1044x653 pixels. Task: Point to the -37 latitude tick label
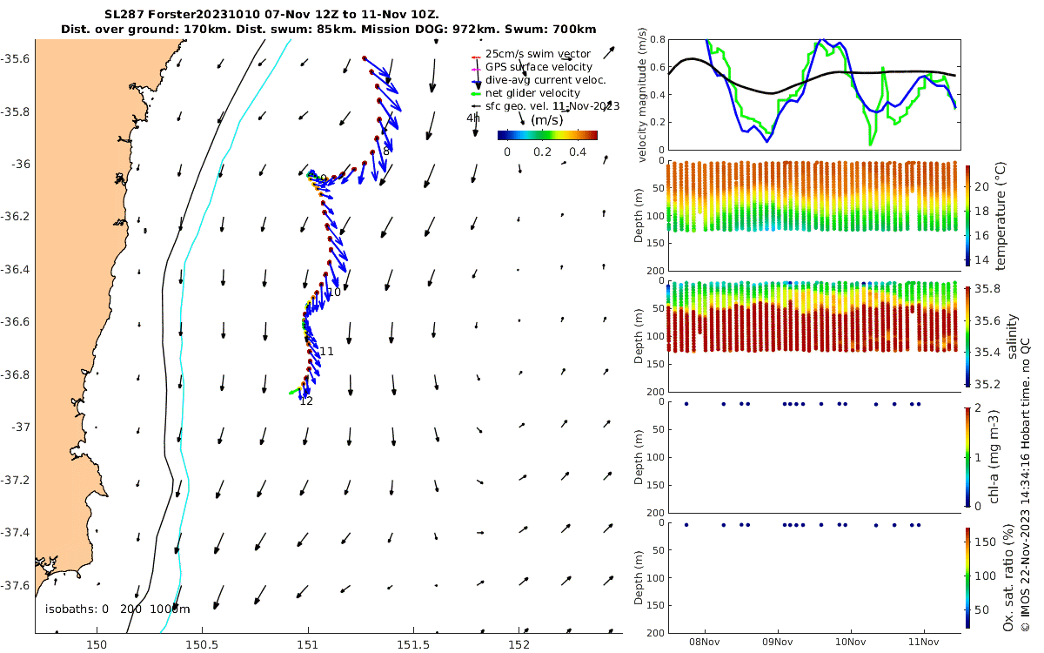17,427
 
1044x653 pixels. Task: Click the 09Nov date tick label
777,643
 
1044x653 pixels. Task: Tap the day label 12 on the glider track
306,401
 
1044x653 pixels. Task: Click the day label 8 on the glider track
386,151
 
